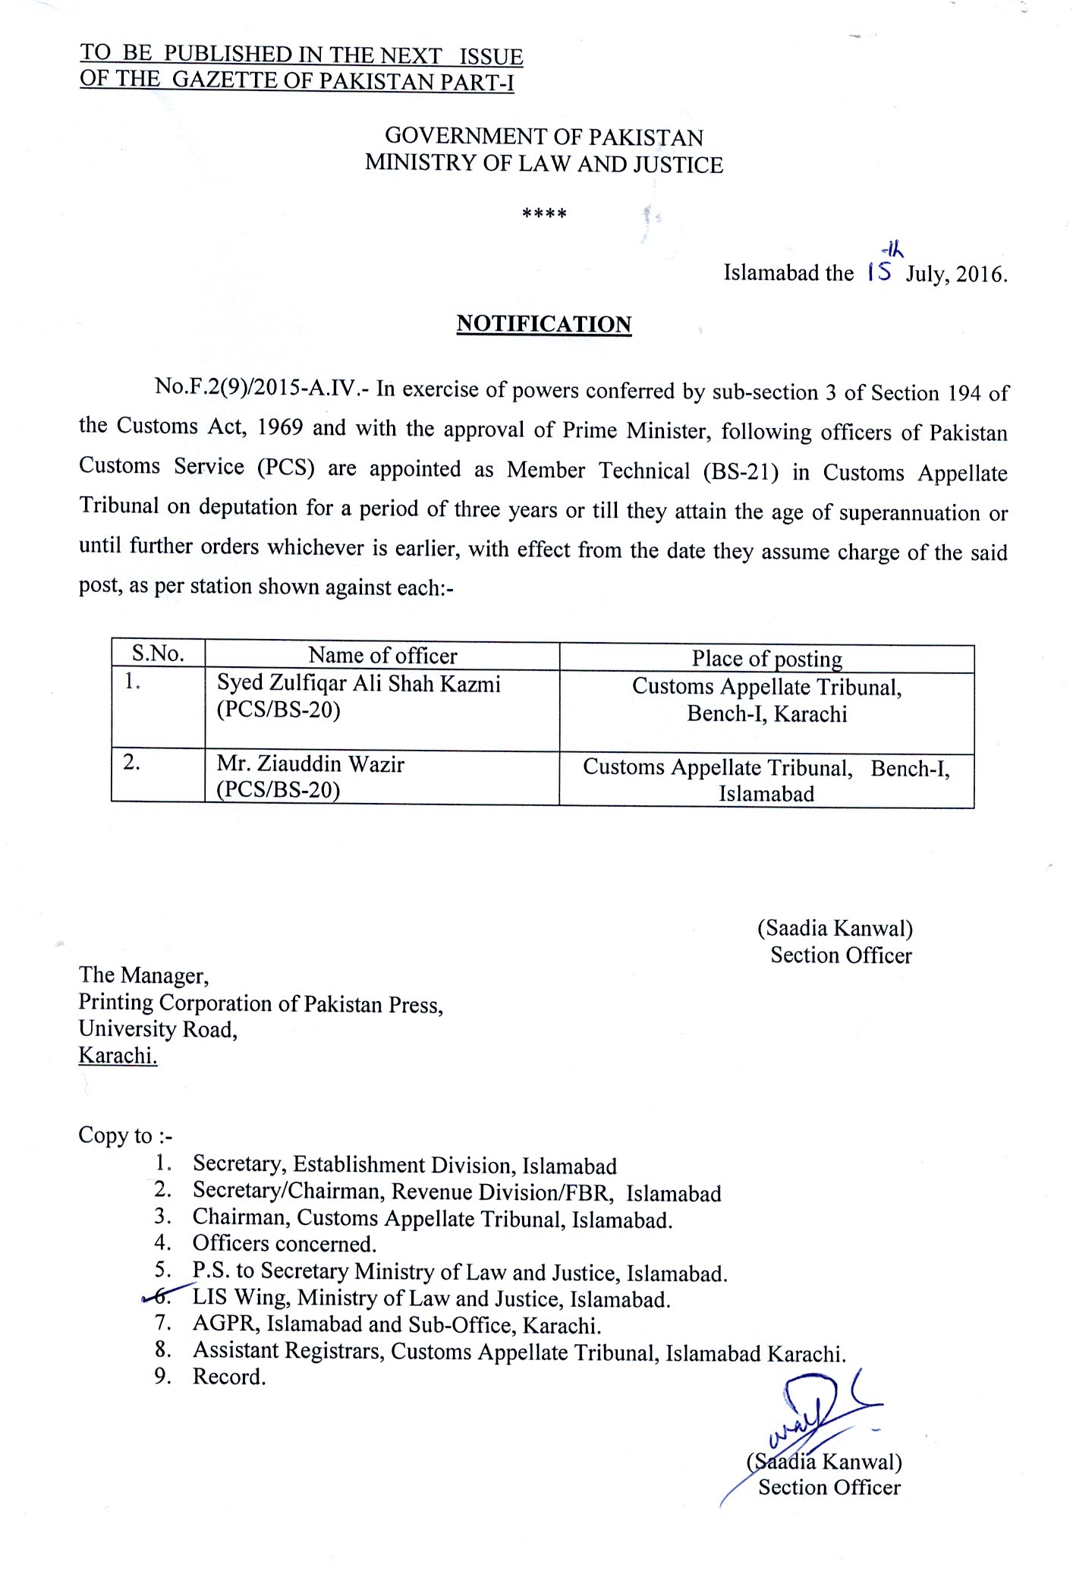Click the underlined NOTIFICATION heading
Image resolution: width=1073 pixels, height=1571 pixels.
tap(543, 324)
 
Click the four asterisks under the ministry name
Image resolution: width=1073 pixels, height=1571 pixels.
tap(544, 214)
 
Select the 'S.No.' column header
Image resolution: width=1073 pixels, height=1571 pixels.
tap(158, 654)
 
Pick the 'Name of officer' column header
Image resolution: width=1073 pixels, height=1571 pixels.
tap(382, 655)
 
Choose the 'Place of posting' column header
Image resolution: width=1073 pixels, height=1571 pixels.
tap(766, 658)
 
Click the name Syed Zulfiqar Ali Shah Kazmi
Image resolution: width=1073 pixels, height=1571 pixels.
tap(359, 684)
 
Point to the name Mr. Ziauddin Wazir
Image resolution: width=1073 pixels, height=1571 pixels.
tap(310, 763)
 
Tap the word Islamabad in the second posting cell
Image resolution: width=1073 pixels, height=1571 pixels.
tap(766, 794)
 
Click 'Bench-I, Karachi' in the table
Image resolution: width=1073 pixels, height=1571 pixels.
tap(766, 714)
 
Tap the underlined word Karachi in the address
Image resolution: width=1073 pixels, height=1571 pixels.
tap(118, 1056)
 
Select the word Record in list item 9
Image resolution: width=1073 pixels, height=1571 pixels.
tap(229, 1376)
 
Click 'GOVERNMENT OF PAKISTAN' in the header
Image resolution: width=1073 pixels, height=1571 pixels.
tap(544, 137)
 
